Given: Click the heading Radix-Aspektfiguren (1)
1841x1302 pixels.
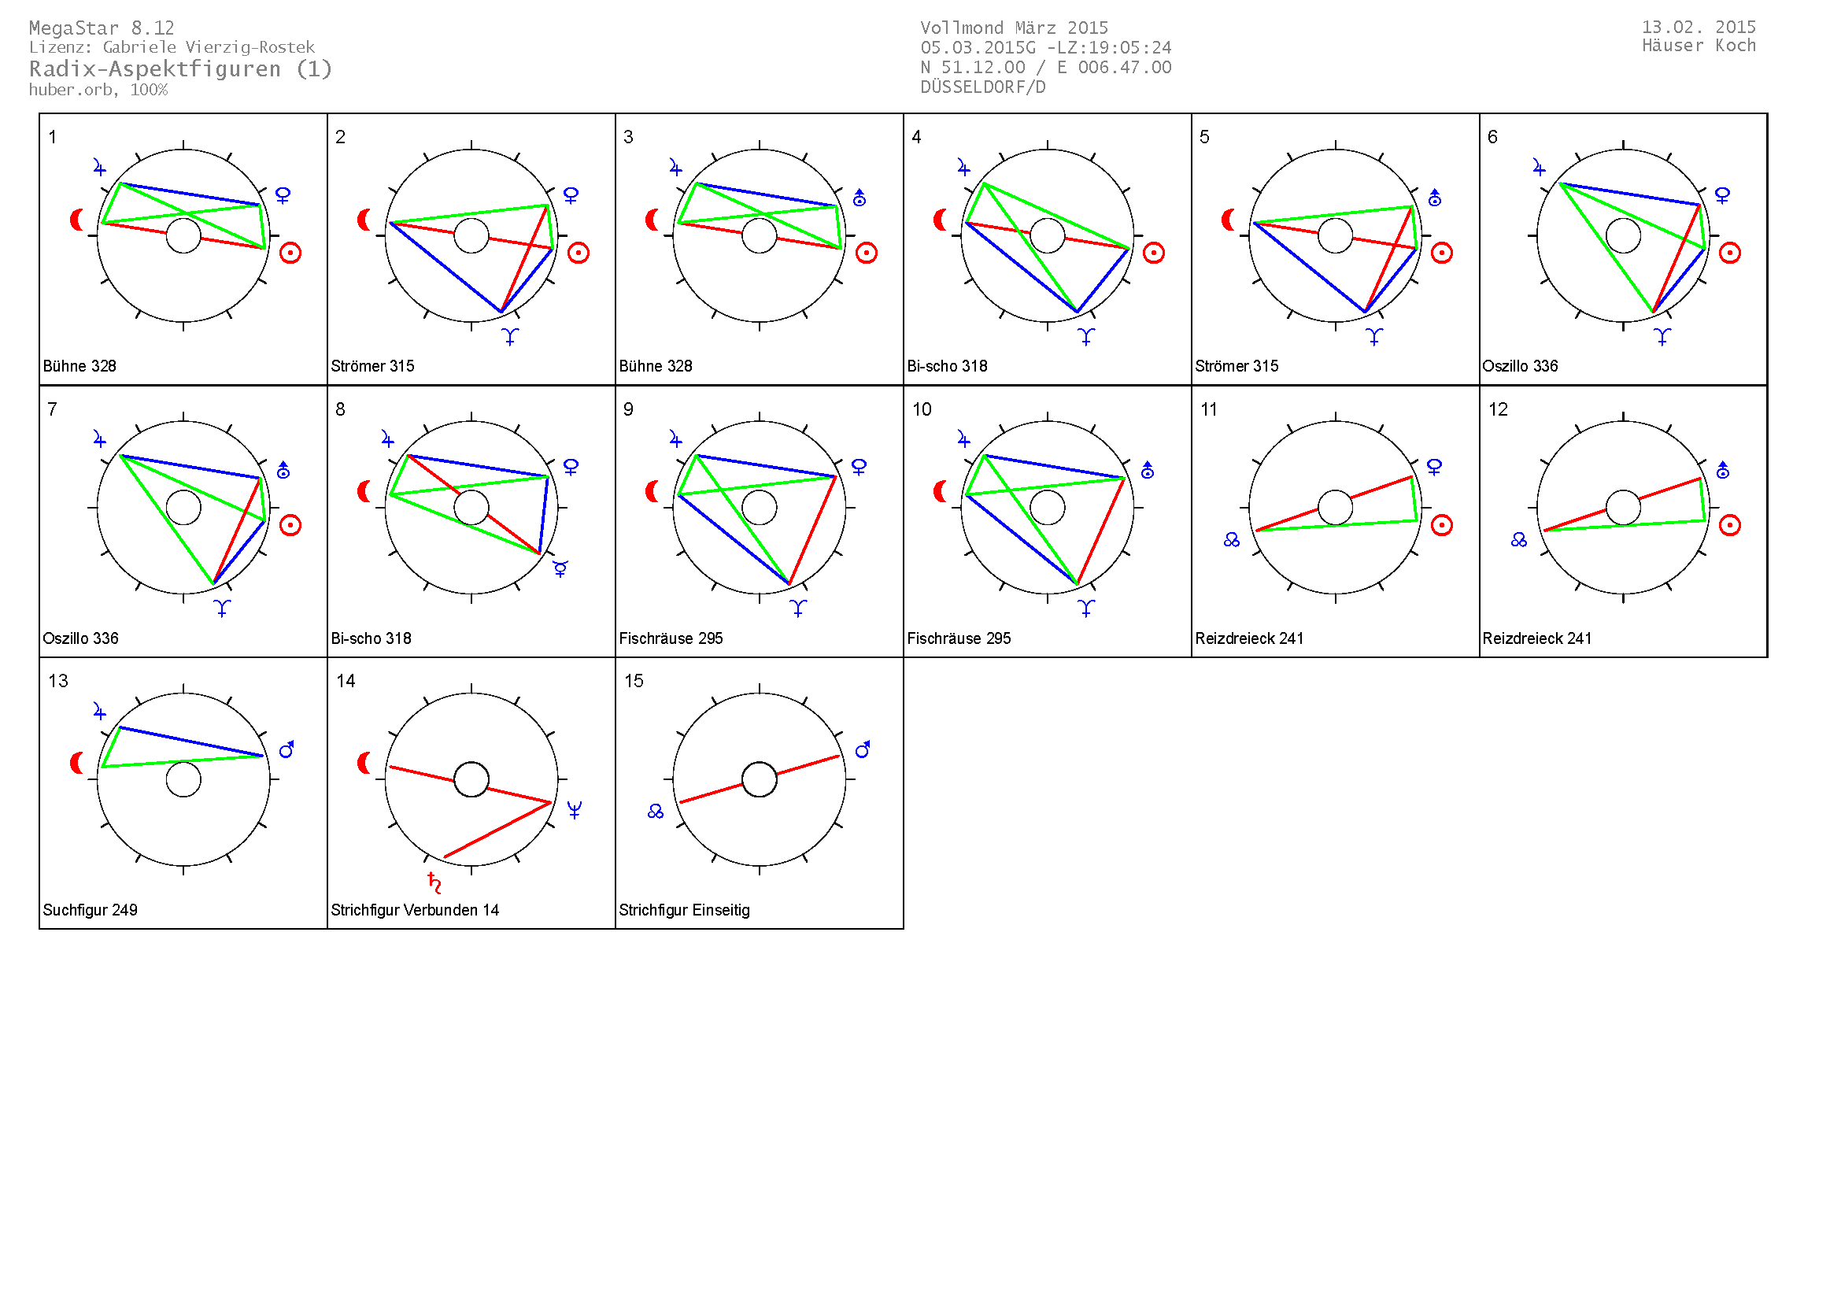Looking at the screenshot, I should [180, 69].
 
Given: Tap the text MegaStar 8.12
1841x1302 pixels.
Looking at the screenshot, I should [102, 28].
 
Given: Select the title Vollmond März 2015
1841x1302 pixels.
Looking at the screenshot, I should [1014, 28].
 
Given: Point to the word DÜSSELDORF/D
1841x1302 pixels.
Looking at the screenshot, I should [982, 87].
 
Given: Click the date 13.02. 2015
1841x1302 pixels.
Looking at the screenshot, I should [1699, 28].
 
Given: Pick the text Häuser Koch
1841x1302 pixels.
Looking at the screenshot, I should [1699, 46].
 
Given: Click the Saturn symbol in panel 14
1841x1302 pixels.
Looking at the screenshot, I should [434, 882].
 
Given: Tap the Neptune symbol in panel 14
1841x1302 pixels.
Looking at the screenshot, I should [574, 810].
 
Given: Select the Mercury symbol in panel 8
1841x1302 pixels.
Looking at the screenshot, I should [560, 568].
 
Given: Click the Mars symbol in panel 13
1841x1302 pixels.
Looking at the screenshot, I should [287, 749].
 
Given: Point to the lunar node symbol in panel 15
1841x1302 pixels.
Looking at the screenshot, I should [655, 812].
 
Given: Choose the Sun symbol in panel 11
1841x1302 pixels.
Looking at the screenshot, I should [1441, 525].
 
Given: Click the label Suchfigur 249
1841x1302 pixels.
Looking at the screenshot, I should [90, 910].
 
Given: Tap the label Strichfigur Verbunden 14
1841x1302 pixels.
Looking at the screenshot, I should [415, 910].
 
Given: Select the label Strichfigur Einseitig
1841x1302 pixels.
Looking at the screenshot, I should [684, 910].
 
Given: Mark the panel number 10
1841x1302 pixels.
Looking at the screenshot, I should [922, 409].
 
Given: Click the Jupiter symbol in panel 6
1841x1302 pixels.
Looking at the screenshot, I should [1539, 168].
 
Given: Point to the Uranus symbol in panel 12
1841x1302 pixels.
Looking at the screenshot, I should [1722, 471].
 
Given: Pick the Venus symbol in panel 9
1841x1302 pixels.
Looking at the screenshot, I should [859, 467].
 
